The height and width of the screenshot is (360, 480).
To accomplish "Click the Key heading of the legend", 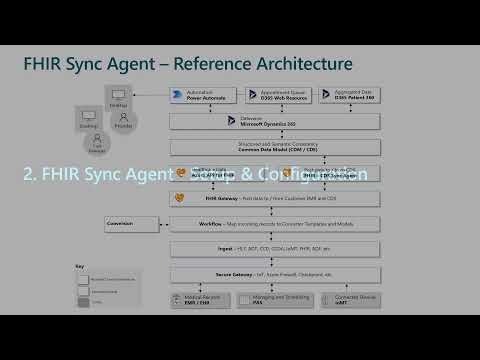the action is [80, 266].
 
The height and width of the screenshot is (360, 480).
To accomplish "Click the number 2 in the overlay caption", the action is [29, 172].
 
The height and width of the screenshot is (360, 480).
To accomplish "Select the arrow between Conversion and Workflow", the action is [157, 223].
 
